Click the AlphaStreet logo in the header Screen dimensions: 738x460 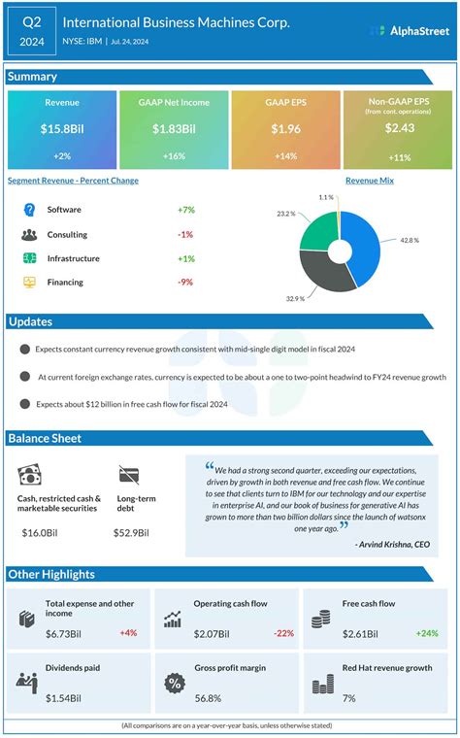(409, 31)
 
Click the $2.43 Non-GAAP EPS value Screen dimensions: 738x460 (398, 128)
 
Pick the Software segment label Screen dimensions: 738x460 (65, 210)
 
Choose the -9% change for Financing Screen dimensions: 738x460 (184, 283)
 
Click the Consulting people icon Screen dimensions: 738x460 (29, 234)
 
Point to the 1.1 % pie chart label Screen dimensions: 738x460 (326, 197)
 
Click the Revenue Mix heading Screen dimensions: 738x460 (370, 181)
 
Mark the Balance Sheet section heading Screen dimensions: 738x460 (44, 438)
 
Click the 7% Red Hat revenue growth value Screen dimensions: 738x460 (349, 698)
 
